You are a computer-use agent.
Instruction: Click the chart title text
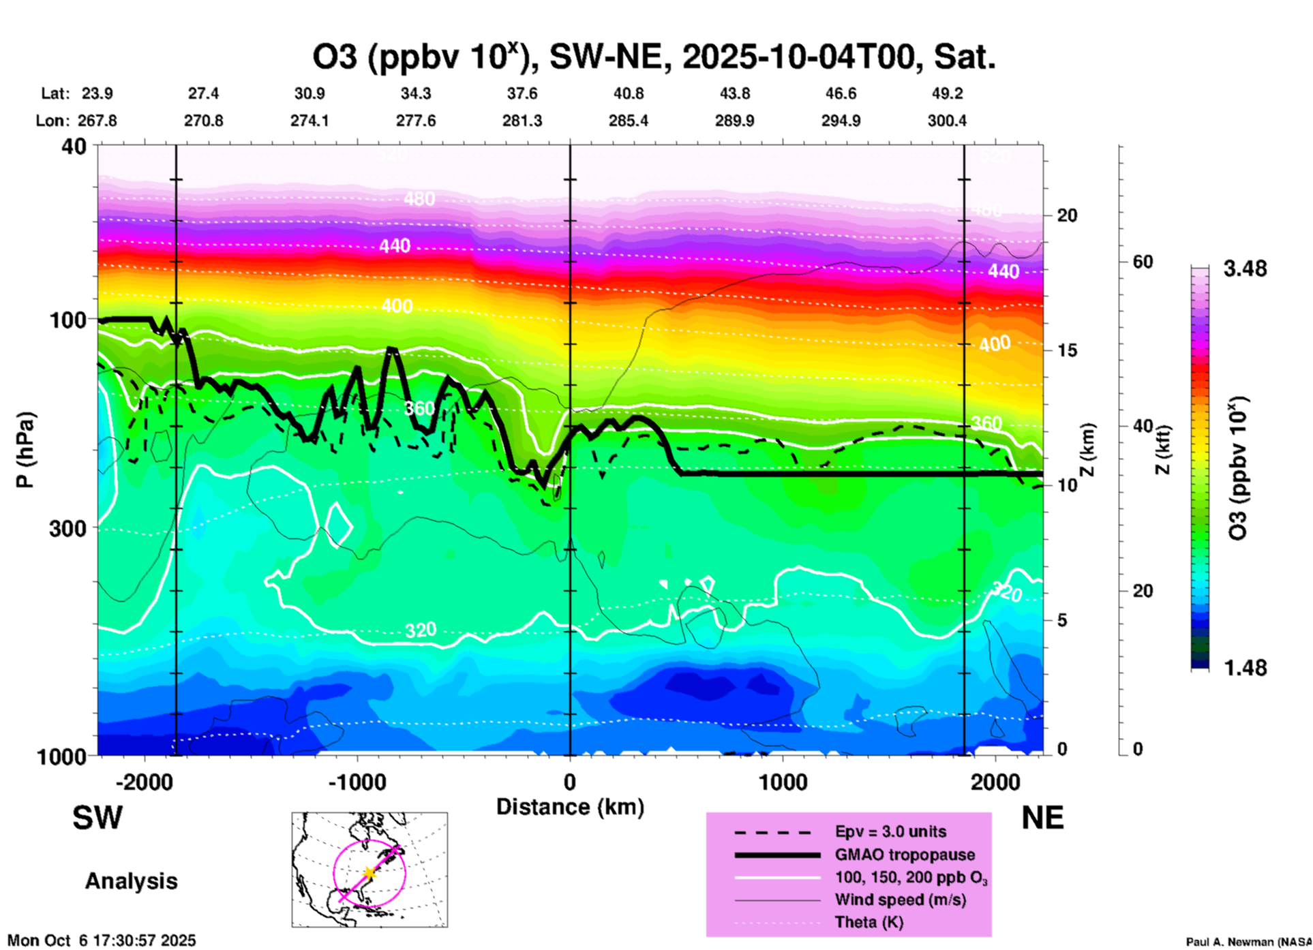(x=654, y=57)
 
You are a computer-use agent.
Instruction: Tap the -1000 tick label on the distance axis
(x=357, y=782)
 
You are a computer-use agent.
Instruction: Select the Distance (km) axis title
(x=570, y=807)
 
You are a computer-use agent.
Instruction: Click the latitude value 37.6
(x=522, y=93)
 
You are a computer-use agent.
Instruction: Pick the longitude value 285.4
(x=628, y=121)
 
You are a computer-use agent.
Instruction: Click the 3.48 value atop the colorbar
(x=1245, y=269)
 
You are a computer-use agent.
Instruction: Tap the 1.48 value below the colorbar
(x=1245, y=668)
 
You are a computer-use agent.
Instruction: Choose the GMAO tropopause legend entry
(x=905, y=855)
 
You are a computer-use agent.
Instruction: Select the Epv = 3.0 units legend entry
(x=890, y=832)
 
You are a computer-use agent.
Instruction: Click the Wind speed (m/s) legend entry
(x=900, y=900)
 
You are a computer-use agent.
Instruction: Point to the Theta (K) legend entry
(x=869, y=922)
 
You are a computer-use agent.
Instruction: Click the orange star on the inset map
(x=369, y=872)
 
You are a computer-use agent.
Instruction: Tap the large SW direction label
(x=97, y=818)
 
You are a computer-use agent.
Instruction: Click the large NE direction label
(x=1042, y=818)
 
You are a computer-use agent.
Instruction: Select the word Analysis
(x=131, y=881)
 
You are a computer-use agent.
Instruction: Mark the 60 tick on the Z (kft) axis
(x=1143, y=262)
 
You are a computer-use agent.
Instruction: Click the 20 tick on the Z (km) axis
(x=1067, y=215)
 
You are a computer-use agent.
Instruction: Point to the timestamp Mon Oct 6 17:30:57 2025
(x=102, y=940)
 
